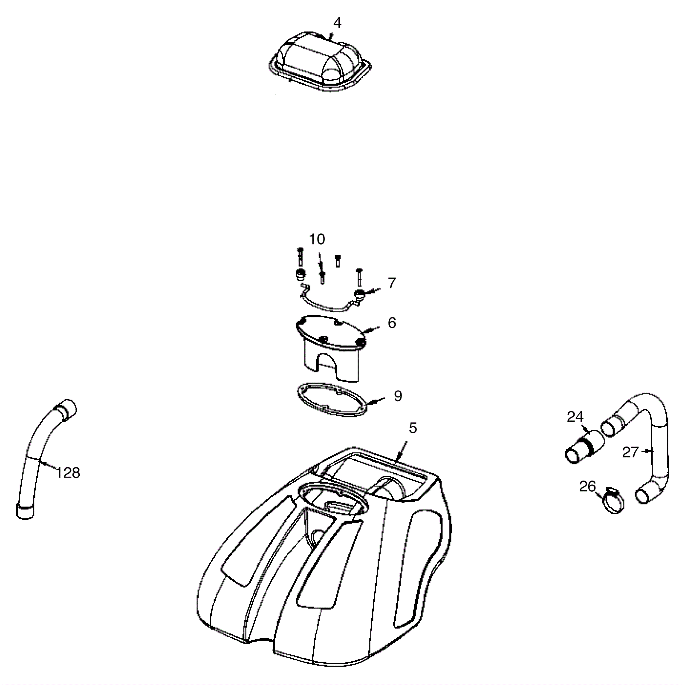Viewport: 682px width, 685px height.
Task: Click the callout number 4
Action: coord(337,23)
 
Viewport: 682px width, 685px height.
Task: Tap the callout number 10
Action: coord(317,239)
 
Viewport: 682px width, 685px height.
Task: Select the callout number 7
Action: coord(392,283)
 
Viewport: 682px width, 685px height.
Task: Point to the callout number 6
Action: coord(392,322)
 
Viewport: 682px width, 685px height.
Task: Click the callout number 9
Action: coord(398,396)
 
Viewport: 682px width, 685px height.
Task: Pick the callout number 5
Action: coord(413,428)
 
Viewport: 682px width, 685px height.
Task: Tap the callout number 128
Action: coord(68,472)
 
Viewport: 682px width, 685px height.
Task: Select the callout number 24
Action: coord(575,417)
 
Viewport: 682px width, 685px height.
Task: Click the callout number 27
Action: coord(630,452)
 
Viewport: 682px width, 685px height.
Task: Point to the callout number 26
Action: coord(587,486)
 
